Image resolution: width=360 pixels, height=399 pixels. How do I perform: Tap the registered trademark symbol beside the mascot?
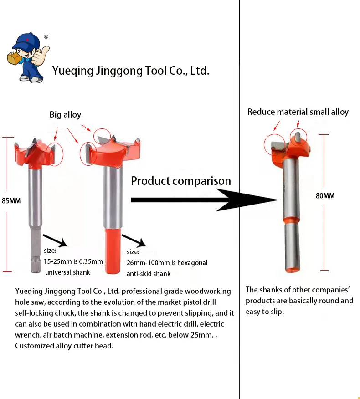(x=46, y=37)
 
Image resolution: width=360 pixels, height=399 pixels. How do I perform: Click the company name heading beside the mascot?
(x=130, y=71)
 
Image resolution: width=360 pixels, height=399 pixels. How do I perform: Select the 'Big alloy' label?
(x=65, y=115)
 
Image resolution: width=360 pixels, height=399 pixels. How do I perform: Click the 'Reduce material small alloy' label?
(x=298, y=112)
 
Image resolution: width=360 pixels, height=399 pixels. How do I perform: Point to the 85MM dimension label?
(x=11, y=200)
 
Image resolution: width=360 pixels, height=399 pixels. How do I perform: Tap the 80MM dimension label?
(x=325, y=196)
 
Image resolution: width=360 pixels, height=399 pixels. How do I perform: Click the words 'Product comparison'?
(x=180, y=181)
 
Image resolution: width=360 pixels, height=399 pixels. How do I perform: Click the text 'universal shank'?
(x=67, y=272)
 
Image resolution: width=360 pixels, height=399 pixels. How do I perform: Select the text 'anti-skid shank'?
(x=149, y=274)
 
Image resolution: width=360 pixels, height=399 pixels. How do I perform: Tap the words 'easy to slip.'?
(x=265, y=312)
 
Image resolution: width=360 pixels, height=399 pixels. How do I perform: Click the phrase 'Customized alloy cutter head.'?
(x=64, y=346)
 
